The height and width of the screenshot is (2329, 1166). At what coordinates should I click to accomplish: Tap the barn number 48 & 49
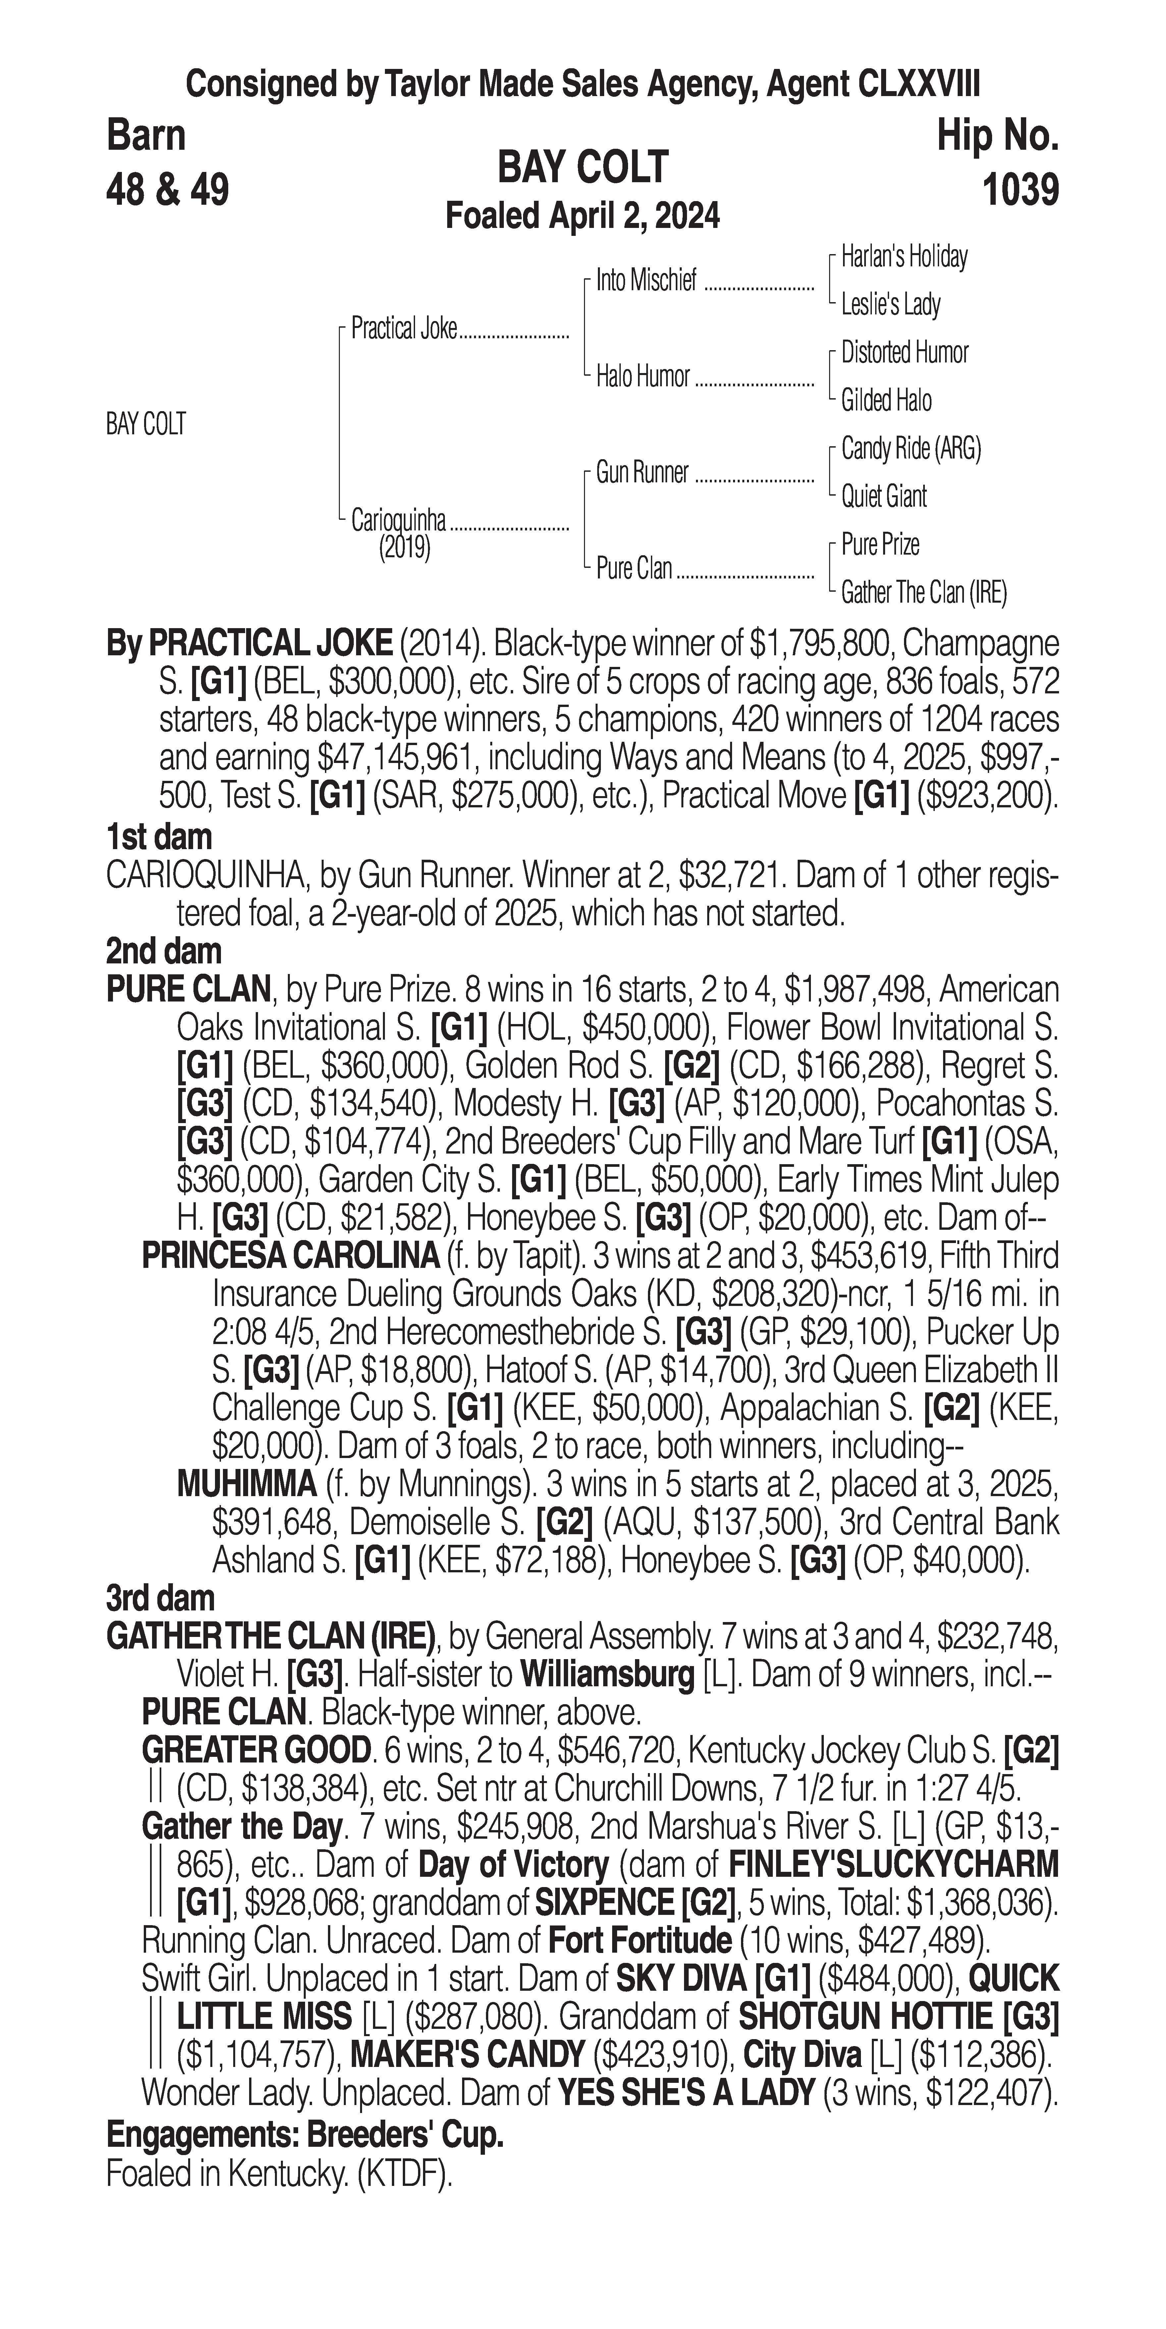click(167, 191)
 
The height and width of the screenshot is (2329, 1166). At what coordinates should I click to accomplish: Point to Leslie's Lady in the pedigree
click(890, 305)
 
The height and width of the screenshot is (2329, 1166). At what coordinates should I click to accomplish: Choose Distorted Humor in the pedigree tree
click(904, 352)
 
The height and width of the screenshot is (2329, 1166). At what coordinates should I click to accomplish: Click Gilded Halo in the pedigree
click(886, 401)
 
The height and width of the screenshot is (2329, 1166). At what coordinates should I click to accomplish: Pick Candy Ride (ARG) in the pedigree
click(910, 449)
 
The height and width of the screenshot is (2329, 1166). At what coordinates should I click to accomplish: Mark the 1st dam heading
click(159, 837)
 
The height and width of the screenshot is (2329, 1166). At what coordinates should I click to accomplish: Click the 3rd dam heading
click(160, 1598)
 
